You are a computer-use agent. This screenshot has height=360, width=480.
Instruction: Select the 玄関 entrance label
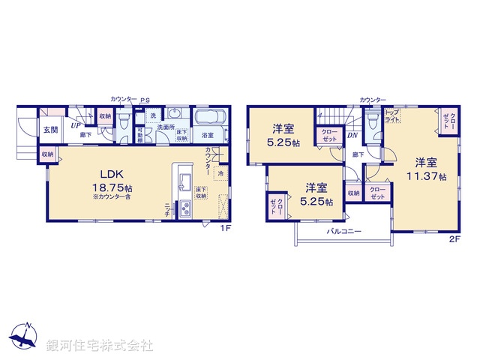click(50, 128)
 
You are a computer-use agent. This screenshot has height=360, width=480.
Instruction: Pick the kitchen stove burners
click(184, 211)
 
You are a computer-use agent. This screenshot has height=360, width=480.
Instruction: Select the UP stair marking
click(76, 125)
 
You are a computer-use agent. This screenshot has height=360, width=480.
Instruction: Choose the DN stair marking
click(352, 136)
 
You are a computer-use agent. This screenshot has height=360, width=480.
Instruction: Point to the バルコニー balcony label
click(343, 232)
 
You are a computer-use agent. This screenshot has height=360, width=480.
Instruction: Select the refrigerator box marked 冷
click(221, 173)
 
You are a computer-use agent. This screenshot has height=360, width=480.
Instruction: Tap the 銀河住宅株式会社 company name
click(99, 346)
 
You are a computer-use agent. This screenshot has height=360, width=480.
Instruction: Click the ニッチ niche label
click(167, 209)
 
